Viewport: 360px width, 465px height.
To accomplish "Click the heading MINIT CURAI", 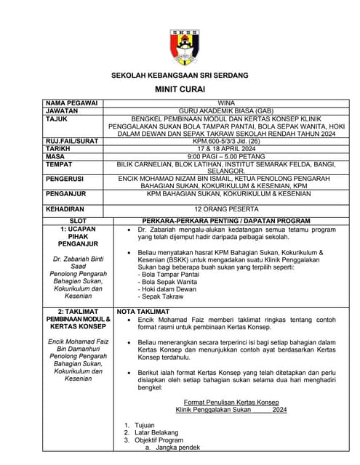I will (180, 89).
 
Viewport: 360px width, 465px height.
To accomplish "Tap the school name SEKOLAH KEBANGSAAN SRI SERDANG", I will (180, 75).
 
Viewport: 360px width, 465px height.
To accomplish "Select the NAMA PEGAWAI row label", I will (71, 103).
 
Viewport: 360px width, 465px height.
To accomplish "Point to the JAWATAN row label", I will (62, 111).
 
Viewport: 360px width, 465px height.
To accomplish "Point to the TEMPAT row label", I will (59, 163).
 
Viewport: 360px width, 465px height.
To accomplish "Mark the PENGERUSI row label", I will (65, 178).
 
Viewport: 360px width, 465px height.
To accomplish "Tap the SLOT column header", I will (77, 219).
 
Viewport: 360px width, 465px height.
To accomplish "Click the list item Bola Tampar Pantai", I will (169, 273).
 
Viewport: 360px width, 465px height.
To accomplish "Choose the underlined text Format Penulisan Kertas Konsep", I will (231, 401).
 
